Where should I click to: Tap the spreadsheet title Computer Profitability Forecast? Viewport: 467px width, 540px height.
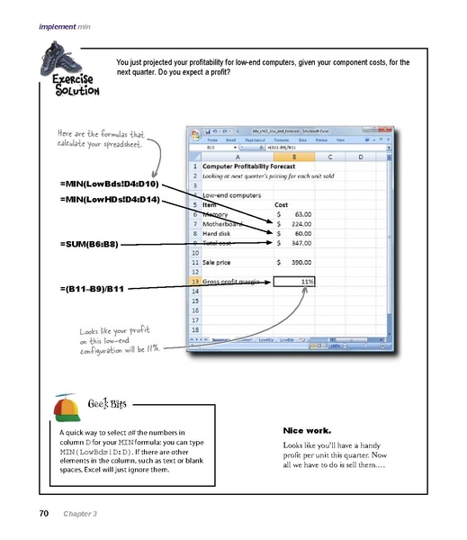[253, 166]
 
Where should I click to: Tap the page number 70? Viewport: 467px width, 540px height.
[43, 514]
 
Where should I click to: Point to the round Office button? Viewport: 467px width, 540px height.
[196, 136]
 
